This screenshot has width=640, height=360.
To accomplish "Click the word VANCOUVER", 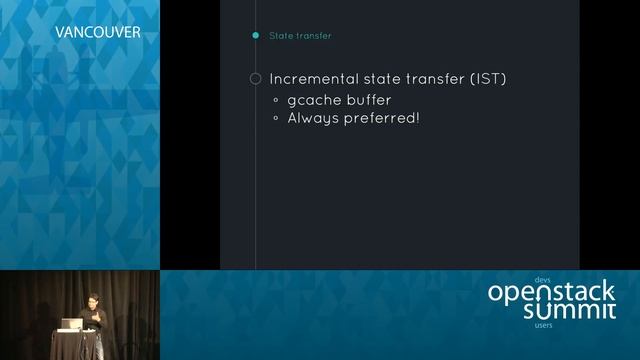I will tap(97, 32).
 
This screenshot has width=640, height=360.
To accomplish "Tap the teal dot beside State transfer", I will tap(256, 36).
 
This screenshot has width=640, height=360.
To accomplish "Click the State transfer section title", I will tap(300, 36).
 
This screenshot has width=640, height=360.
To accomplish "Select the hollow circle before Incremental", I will tap(255, 79).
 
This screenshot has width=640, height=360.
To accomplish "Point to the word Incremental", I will tap(317, 79).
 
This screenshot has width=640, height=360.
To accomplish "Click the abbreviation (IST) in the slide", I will tap(487, 79).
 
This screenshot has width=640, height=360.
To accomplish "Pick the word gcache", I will tap(312, 101).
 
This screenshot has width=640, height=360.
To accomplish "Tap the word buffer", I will tap(368, 100).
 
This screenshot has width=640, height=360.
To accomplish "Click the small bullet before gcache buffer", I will tap(277, 101).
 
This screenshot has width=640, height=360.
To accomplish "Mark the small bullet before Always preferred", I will tap(277, 118).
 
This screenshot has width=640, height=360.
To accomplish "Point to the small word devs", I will tap(543, 279).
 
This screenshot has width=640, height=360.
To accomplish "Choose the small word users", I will tap(544, 325).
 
